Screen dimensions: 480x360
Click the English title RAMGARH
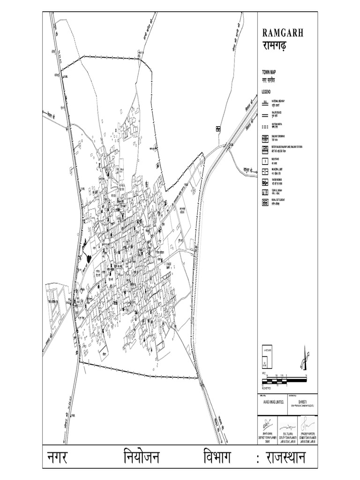click(x=283, y=33)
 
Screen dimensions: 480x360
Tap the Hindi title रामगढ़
click(x=277, y=46)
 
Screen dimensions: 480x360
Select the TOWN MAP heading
click(x=269, y=72)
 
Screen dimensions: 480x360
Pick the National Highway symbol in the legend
click(x=265, y=102)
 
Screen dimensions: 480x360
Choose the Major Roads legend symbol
click(x=265, y=114)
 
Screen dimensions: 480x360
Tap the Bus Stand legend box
click(x=265, y=161)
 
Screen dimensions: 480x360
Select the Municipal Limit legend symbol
click(x=265, y=171)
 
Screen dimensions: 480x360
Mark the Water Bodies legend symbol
click(x=265, y=181)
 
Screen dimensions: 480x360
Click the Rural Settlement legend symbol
click(x=265, y=202)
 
